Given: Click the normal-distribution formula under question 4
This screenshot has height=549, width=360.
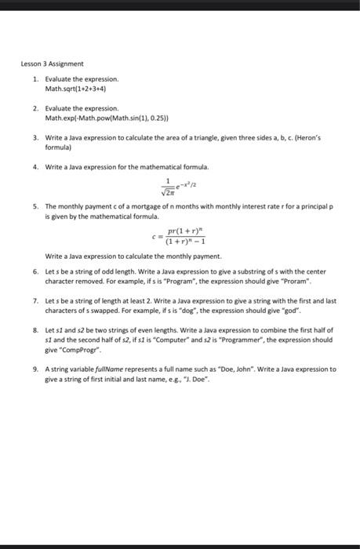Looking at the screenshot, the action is pyautogui.click(x=181, y=184).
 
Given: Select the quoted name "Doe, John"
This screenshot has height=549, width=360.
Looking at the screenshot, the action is pyautogui.click(x=240, y=369).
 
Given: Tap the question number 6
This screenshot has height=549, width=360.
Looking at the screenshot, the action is pyautogui.click(x=35, y=271).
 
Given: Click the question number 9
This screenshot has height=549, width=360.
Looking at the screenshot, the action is pyautogui.click(x=35, y=369).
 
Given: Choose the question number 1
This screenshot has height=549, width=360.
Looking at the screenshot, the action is pyautogui.click(x=35, y=79).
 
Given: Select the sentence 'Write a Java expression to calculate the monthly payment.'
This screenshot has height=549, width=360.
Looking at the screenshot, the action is pyautogui.click(x=122, y=256).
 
